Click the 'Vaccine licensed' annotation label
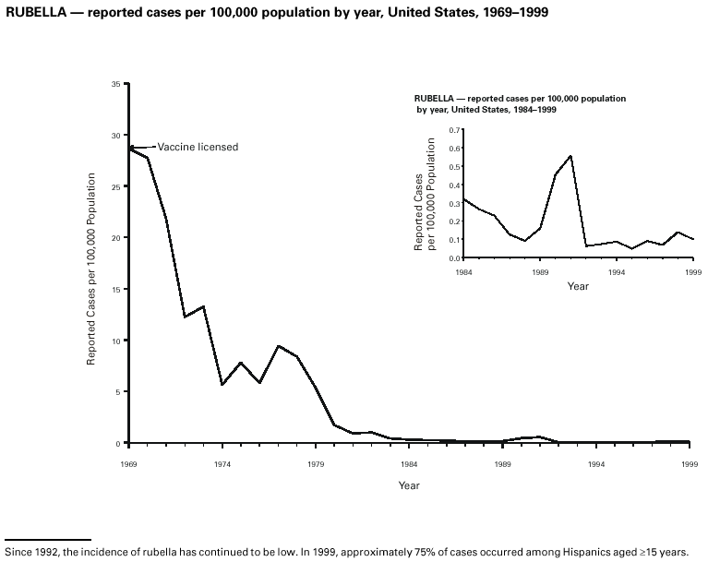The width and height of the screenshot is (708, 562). coord(198,147)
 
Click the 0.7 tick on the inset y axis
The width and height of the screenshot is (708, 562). coord(453,130)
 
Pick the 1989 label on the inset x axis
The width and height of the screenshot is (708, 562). coord(541,273)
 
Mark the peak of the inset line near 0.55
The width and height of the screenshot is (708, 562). coord(570,155)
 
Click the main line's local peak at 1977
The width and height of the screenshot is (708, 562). coord(279,346)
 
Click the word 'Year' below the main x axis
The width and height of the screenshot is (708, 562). coord(410,485)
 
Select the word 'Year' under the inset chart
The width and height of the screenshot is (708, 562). coord(578,287)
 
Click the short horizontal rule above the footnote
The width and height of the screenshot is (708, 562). coord(48,538)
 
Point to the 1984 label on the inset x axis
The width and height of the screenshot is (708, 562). coord(464,273)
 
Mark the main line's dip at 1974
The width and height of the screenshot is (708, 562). coord(222,385)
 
